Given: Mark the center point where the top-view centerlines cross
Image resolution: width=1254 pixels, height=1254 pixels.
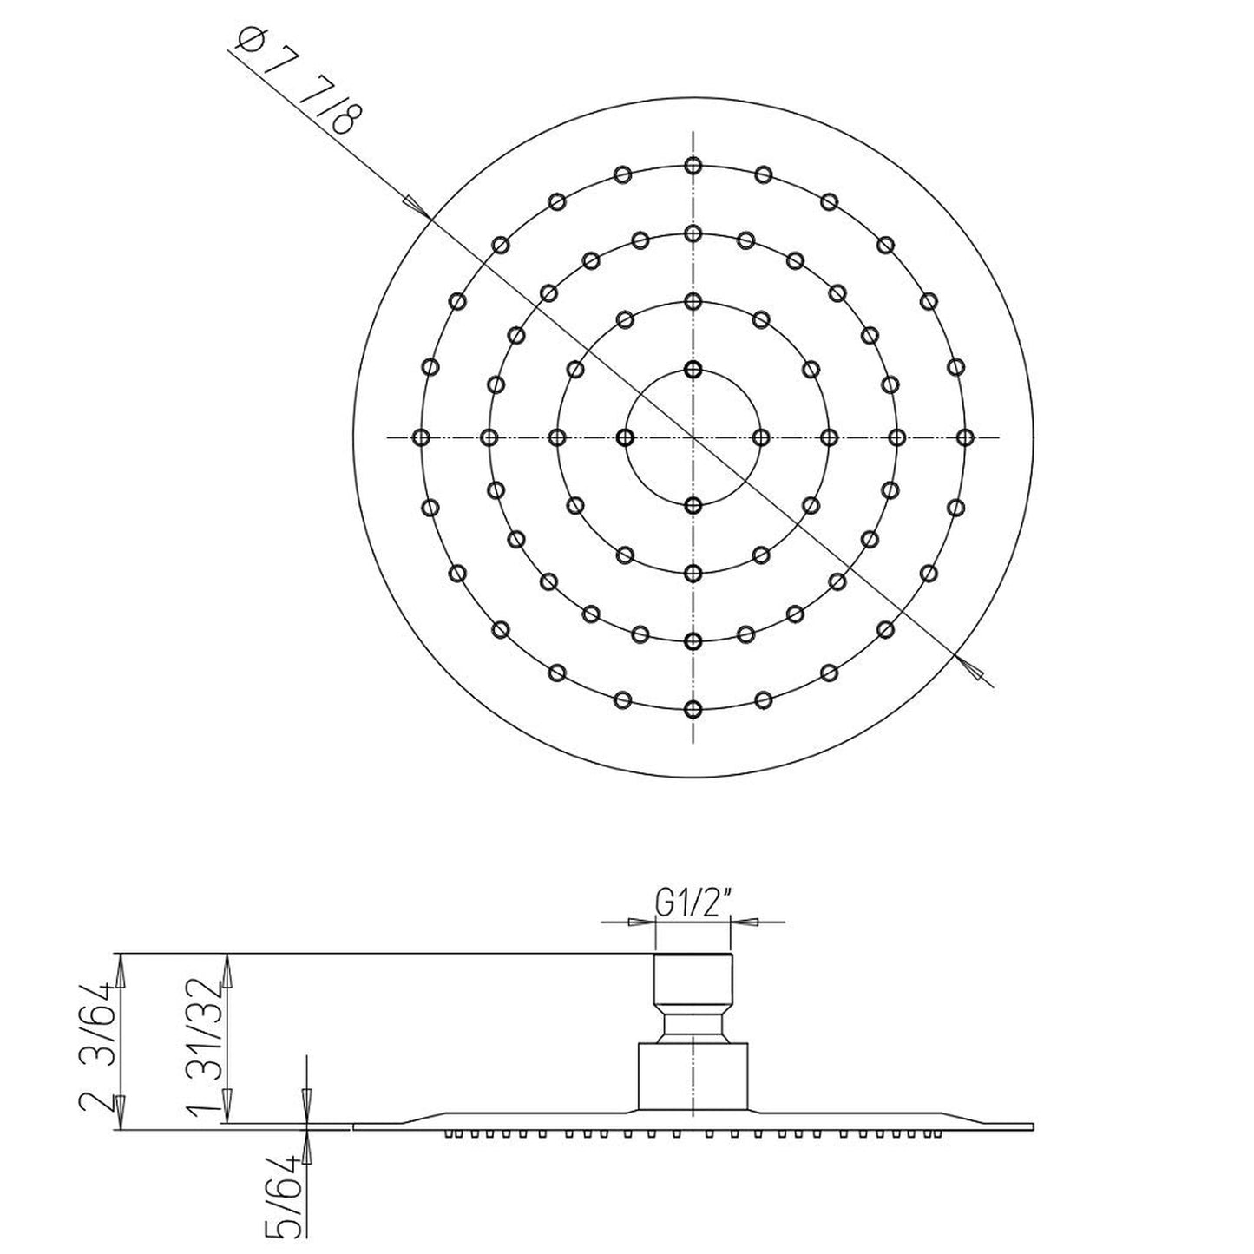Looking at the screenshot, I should pos(693,437).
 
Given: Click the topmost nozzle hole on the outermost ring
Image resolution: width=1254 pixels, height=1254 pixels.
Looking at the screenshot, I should pos(693,165).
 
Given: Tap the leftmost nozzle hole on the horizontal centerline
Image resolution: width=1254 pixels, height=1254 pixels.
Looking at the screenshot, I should pos(421,437).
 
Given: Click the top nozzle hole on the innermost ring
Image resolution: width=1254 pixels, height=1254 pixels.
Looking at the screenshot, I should pos(693,370).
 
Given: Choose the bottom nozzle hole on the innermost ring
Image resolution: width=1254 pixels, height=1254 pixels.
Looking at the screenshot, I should pos(693,505).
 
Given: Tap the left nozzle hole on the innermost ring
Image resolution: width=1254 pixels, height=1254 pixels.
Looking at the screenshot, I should pos(625,437).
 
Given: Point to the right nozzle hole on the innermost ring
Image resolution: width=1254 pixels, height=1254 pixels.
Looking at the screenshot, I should pos(760,437).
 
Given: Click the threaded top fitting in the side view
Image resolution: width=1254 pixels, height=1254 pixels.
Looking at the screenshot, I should pos(693,976).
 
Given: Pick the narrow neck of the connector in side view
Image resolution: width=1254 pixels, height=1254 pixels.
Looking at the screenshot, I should pos(693,1027).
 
